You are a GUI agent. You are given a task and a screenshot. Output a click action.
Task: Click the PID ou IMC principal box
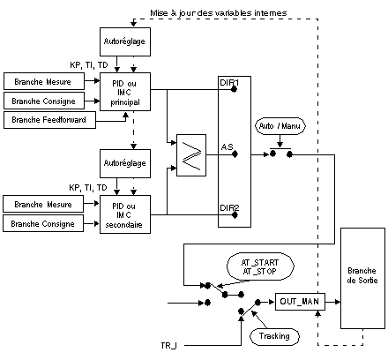125,92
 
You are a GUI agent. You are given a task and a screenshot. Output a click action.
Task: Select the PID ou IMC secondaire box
125,214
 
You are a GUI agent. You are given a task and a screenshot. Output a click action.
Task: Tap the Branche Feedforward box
49,120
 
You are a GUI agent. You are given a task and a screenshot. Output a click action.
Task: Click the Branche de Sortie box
362,278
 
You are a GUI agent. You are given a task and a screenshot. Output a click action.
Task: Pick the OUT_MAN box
300,302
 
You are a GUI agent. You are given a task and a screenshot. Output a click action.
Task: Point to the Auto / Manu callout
280,126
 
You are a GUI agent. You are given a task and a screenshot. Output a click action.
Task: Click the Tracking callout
274,336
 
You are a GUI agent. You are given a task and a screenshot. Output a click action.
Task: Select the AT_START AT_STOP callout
260,266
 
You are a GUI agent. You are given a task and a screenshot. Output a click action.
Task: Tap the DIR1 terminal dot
234,89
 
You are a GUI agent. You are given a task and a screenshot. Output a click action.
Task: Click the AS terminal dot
235,154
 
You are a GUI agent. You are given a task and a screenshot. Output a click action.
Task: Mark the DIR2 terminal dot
235,215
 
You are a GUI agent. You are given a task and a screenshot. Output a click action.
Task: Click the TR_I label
168,345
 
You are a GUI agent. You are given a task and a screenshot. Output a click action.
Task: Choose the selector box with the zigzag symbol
191,155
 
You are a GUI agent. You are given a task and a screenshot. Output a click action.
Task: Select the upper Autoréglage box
125,41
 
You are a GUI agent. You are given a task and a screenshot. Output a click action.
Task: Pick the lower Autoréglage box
125,163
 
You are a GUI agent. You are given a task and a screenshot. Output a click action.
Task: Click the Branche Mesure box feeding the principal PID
44,81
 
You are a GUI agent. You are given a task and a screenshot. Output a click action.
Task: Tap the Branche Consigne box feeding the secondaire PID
43,223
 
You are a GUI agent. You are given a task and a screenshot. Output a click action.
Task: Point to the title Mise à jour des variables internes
219,13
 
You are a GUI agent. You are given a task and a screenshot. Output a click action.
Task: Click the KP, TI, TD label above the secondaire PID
88,188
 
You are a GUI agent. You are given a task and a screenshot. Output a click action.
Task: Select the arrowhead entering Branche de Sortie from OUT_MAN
338,302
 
